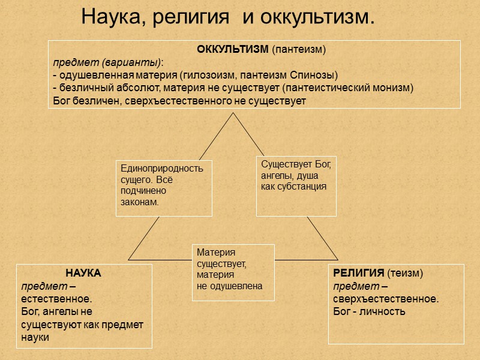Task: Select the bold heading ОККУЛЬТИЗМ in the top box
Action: [x=233, y=50]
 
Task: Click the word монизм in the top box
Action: [x=394, y=88]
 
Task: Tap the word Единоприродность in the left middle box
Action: [x=162, y=169]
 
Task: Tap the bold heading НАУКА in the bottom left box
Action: [x=83, y=273]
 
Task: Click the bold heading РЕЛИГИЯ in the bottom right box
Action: [x=358, y=273]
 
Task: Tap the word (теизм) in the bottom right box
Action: [x=405, y=273]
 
